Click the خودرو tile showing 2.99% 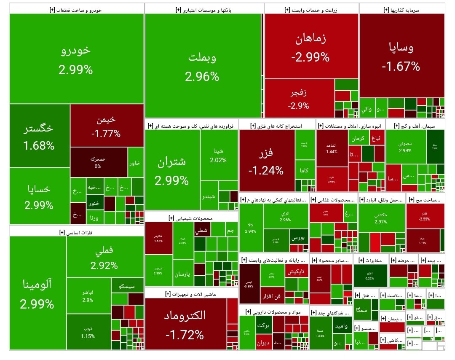[76, 59]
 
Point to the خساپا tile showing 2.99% [39, 196]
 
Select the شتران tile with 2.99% [172, 171]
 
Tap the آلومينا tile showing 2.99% [37, 293]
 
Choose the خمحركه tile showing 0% [98, 162]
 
